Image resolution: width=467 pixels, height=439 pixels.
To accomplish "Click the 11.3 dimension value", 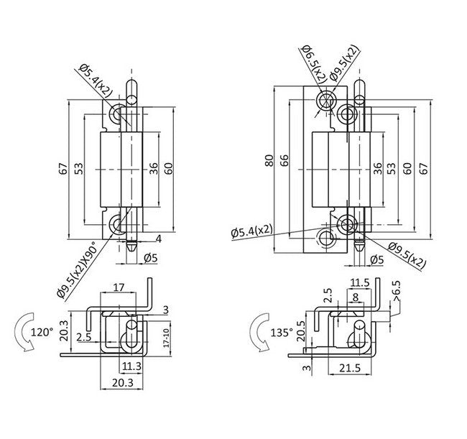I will pos(131,366).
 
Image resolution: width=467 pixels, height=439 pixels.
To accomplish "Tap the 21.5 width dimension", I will pos(350,369).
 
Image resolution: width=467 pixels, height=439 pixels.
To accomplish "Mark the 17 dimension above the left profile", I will pos(119,288).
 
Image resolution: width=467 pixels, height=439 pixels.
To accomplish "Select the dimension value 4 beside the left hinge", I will pos(158,239).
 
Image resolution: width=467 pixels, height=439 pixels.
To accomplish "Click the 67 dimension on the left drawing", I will pos(64,168).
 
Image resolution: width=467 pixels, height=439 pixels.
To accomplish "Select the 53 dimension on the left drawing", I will pos(79,168).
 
